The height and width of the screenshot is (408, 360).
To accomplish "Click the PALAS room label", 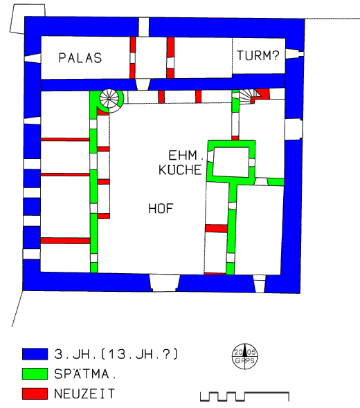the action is [80, 58].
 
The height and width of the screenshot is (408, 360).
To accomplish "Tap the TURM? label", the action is [258, 55].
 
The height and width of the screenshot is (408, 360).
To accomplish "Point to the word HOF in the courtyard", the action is [161, 209].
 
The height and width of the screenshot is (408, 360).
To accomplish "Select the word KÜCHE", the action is [180, 170].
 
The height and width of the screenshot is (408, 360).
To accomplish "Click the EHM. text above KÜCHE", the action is [186, 156].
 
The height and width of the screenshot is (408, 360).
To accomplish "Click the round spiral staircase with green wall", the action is [109, 98].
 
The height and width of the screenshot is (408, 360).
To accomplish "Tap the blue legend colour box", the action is [35, 354].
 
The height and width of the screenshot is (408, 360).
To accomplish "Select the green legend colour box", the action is [35, 373].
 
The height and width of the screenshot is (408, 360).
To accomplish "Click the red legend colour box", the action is [35, 393].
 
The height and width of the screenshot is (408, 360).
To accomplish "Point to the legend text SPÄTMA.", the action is [85, 373].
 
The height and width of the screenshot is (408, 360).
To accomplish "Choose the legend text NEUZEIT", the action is [84, 393].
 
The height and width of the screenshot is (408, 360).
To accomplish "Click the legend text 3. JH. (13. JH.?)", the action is [116, 354].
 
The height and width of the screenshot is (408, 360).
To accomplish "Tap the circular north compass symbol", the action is [244, 356].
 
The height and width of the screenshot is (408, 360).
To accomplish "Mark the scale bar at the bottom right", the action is [244, 396].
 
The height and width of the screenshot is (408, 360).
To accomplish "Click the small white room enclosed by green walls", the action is [231, 162].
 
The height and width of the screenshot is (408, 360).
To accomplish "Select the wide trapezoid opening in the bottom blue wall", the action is [165, 283].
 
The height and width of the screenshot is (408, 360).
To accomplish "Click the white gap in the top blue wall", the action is [143, 27].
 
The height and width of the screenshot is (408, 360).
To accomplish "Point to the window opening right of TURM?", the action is [294, 54].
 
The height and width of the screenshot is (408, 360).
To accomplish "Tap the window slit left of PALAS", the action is [33, 58].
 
